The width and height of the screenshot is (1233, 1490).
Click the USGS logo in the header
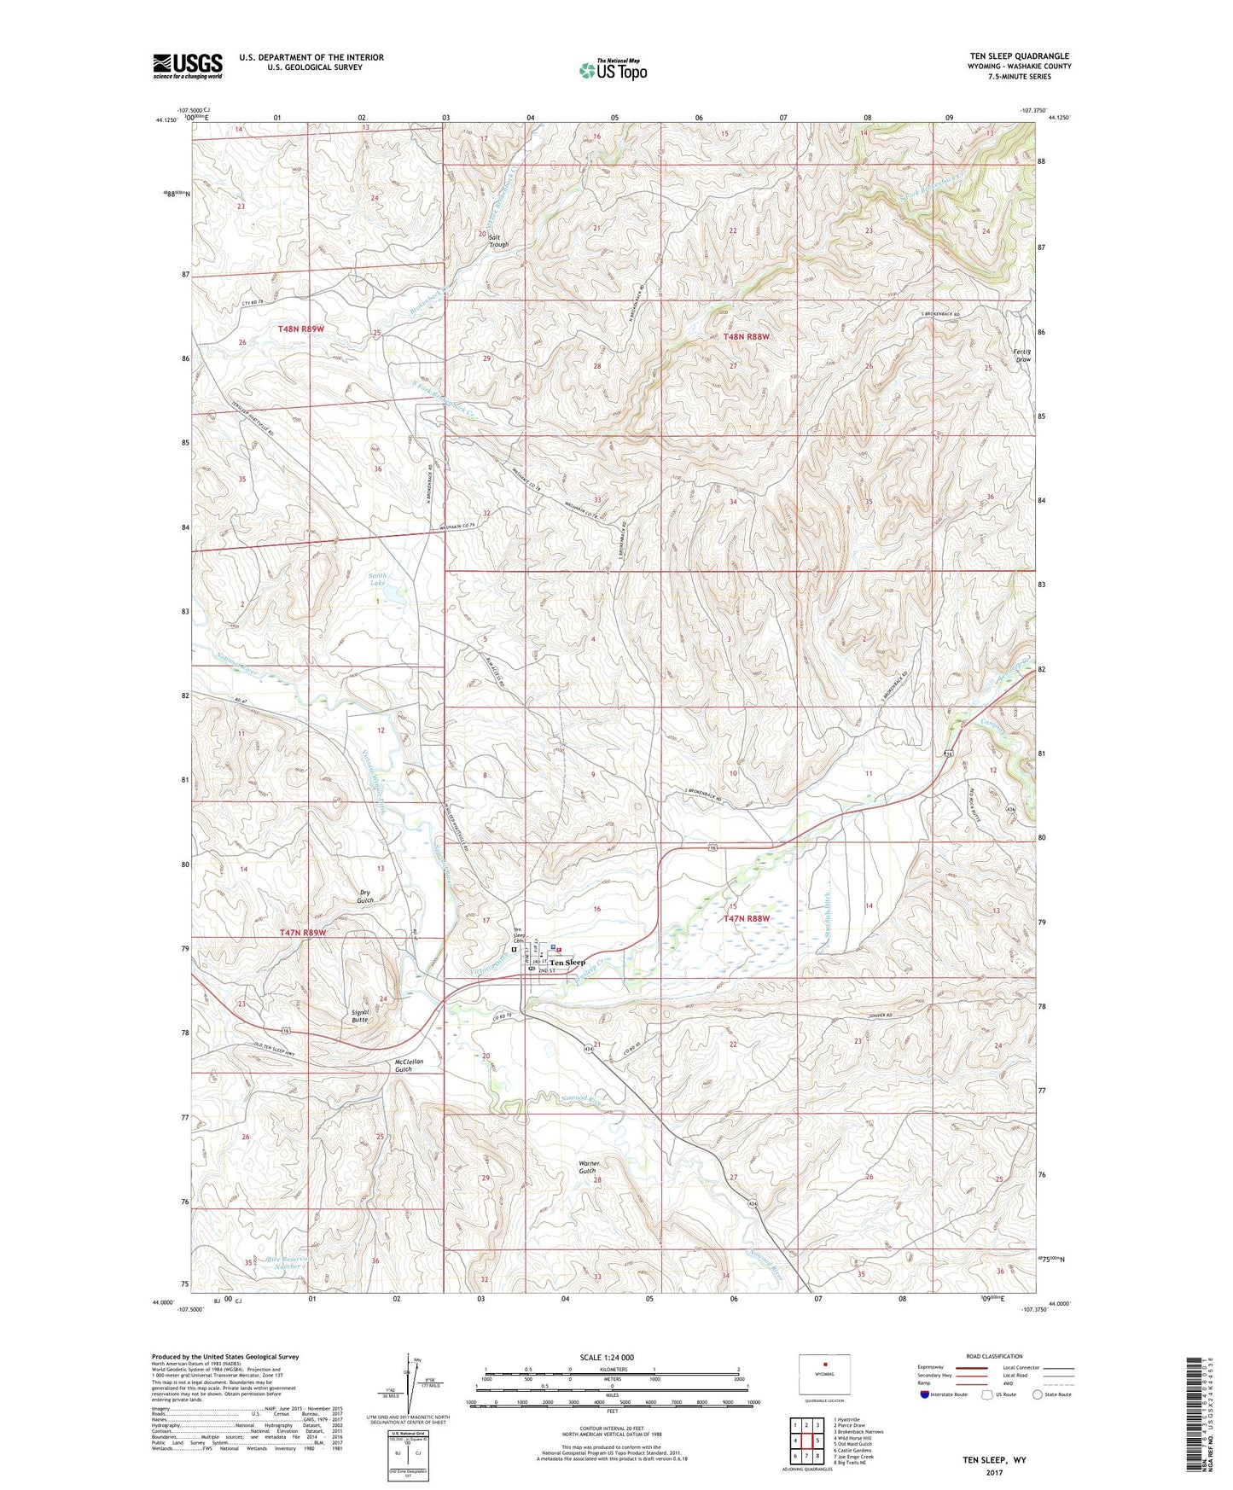coord(187,66)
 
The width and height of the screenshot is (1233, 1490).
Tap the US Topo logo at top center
coord(612,69)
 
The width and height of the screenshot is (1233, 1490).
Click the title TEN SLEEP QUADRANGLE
coord(1019,56)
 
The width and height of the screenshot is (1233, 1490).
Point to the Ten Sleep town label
coord(567,963)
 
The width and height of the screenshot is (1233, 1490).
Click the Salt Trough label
coord(498,241)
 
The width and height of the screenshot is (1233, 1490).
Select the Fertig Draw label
coord(1021,355)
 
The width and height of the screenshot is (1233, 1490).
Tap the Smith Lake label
coord(378,579)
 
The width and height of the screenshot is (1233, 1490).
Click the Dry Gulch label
coord(365,896)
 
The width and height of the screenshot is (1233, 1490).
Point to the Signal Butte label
coord(360,1016)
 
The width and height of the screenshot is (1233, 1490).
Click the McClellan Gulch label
coord(404,1066)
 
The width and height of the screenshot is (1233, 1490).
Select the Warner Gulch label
coord(589,1167)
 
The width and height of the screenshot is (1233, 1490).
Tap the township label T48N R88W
coord(747,337)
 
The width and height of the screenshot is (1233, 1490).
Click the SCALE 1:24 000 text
coord(606,1358)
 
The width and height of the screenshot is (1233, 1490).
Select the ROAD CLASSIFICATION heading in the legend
coord(994,1356)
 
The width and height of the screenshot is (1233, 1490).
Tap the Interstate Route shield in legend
coord(926,1394)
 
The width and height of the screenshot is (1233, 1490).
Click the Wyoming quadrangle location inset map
coord(824,1376)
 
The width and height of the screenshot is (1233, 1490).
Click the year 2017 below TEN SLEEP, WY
coord(994,1473)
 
